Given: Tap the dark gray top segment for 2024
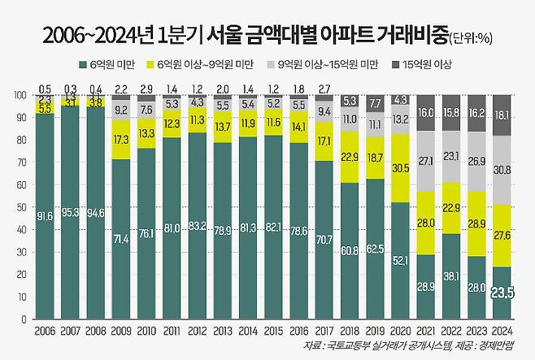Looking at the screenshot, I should coord(502,115).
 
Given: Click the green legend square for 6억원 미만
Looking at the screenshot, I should coord(84,63).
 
